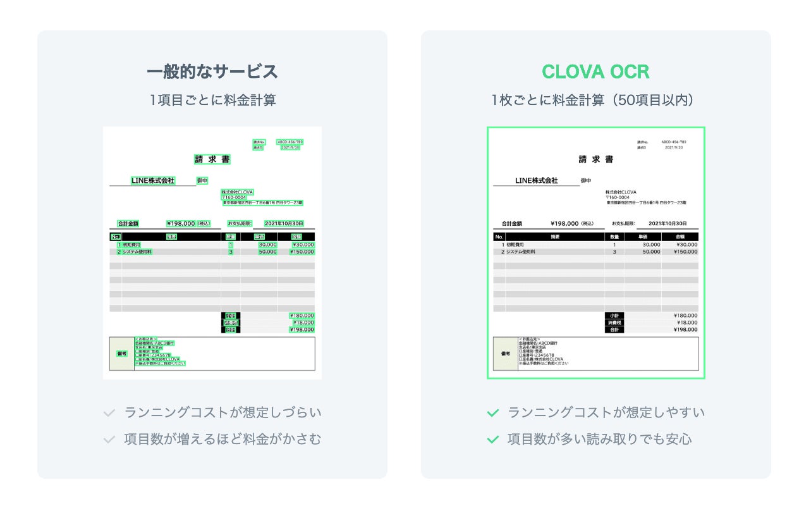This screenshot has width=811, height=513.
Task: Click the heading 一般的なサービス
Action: pos(212,72)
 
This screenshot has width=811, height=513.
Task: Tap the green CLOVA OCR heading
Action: pos(595,72)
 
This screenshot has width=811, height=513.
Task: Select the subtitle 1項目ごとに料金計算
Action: pos(212,100)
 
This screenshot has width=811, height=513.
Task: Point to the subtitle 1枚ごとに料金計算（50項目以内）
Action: pos(595,100)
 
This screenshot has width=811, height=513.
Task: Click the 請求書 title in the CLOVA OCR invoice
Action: pos(595,159)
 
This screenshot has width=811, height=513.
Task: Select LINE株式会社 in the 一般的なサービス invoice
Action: pos(153,181)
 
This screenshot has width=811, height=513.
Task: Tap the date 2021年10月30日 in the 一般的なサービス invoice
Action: pos(284,223)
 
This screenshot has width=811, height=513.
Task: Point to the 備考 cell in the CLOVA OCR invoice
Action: pos(505,354)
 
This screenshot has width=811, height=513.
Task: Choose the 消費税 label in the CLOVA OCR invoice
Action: pos(614,323)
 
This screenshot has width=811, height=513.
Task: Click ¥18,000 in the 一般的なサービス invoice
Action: pos(302,323)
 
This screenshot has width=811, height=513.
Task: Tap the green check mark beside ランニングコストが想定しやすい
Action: pos(493,413)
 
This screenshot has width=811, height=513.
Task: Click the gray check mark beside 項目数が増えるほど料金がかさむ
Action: pos(109,439)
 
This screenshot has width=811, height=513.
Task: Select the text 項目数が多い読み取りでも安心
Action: pos(599,439)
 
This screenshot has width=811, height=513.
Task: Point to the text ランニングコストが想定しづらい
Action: pos(223,413)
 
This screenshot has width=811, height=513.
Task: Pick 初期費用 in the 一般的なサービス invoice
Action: pos(131,244)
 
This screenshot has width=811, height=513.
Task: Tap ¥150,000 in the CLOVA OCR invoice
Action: pos(685,252)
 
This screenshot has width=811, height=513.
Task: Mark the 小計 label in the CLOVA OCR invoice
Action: pos(614,315)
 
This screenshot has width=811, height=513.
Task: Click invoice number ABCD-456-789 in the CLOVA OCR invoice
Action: pos(673,142)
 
